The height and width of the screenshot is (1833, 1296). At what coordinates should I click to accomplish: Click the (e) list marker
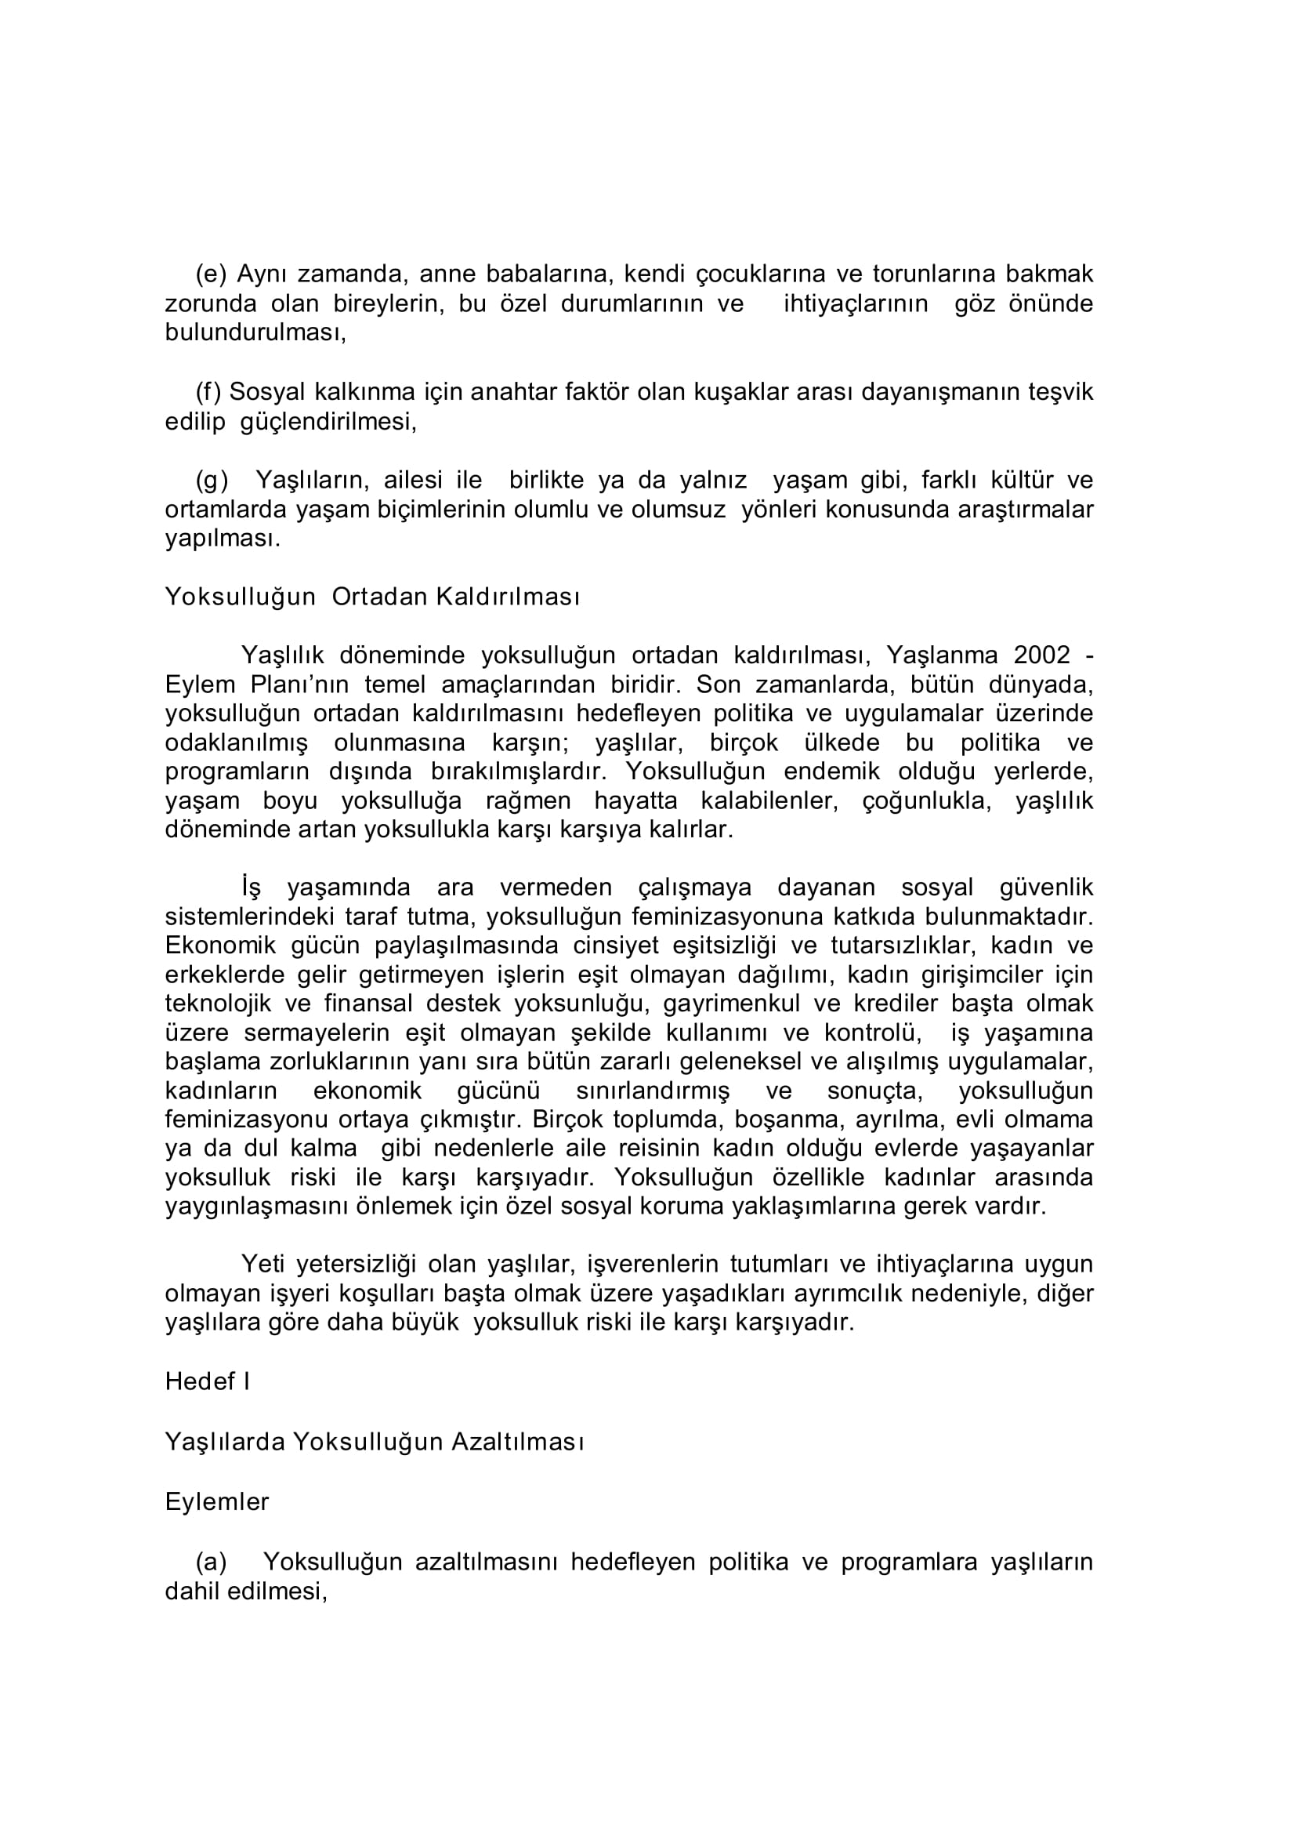[212, 274]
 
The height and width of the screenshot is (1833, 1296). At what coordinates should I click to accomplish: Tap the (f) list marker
[208, 392]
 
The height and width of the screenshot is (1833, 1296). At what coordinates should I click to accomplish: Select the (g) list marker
[212, 480]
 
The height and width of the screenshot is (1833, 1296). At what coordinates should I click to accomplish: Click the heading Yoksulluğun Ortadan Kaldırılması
[372, 597]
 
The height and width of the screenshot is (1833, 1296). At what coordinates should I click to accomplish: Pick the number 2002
[1041, 655]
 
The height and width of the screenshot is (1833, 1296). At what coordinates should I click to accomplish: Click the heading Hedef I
[208, 1381]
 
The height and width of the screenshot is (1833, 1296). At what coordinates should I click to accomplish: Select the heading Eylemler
[217, 1501]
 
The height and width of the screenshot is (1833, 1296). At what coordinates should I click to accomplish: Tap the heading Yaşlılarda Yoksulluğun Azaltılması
[375, 1441]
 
